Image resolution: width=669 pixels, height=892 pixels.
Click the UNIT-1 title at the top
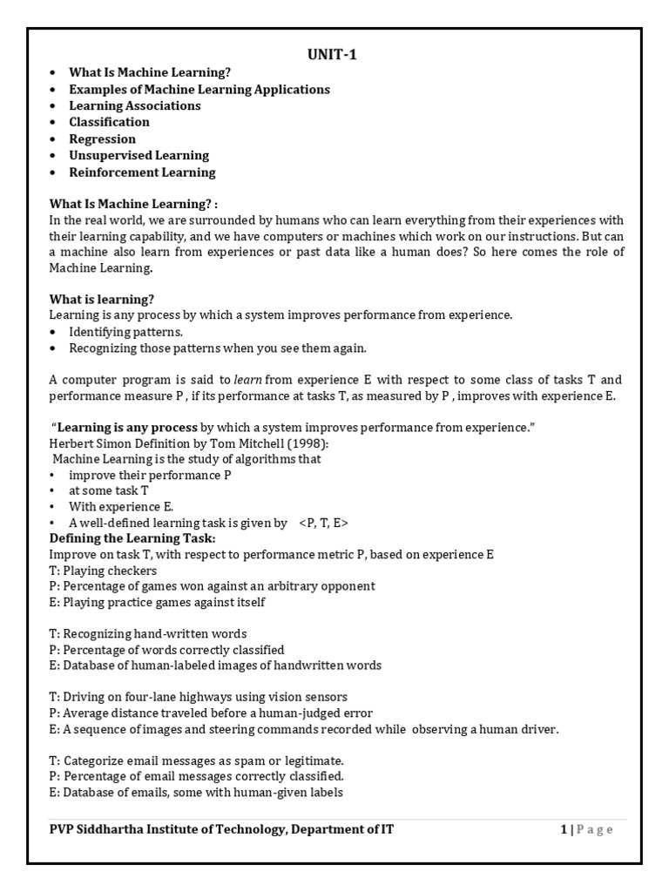[x=332, y=55]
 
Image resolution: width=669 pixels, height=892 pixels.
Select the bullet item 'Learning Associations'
[x=134, y=105]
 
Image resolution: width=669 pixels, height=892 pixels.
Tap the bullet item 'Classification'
[x=109, y=122]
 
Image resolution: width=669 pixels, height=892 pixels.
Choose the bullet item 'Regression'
[x=102, y=139]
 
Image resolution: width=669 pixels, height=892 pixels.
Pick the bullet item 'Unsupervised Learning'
[x=139, y=155]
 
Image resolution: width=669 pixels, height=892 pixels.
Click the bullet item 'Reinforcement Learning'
[x=142, y=172]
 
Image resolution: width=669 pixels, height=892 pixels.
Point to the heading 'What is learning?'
[x=102, y=299]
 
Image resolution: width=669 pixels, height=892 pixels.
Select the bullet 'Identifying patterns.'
[x=126, y=332]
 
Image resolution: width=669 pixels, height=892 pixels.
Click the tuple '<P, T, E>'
[x=323, y=523]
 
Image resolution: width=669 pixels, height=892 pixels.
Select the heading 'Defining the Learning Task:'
[x=132, y=538]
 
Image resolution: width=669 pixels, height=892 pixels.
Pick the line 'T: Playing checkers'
[x=104, y=571]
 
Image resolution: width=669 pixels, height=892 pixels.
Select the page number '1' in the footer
[x=564, y=829]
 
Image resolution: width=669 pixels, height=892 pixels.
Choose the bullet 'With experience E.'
[x=122, y=507]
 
